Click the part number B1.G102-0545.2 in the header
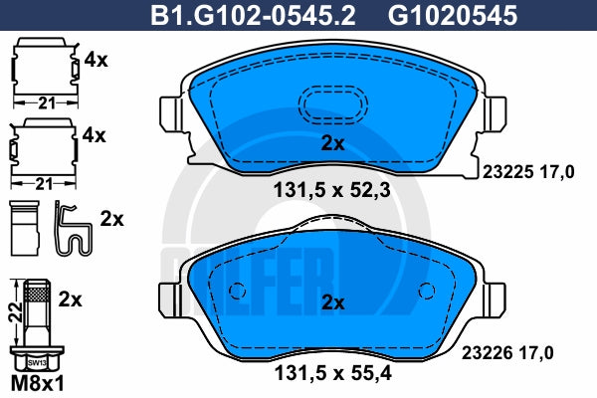[253, 15]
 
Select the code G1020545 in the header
[453, 15]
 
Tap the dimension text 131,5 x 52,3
[332, 190]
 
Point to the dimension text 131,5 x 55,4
[332, 373]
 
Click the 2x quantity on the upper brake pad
[332, 143]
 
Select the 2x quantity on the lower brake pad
[332, 302]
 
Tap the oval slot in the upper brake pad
[332, 103]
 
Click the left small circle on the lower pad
[237, 292]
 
